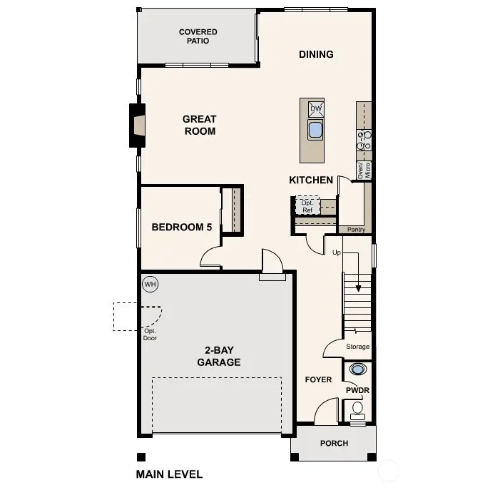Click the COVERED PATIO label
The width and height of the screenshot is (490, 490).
(x=198, y=36)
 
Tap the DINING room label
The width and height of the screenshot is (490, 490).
(x=316, y=54)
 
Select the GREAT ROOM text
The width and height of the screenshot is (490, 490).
(x=199, y=126)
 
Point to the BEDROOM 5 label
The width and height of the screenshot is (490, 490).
(x=182, y=228)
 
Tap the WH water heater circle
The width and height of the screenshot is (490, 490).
(x=150, y=285)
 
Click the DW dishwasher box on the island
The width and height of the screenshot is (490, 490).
(x=315, y=109)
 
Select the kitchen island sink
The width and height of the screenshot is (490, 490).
(x=315, y=130)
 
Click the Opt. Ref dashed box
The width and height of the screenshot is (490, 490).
(x=307, y=206)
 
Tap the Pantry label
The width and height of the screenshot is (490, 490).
(x=356, y=230)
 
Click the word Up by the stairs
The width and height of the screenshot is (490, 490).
(x=337, y=252)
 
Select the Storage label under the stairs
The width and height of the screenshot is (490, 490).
(x=357, y=347)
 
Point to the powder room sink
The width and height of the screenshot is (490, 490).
(x=357, y=369)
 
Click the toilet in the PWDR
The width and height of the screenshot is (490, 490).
(x=357, y=409)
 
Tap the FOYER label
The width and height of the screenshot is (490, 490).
(x=318, y=379)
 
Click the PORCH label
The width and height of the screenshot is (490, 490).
(x=334, y=444)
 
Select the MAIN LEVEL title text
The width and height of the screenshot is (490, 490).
(x=169, y=474)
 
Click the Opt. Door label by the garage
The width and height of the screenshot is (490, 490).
(x=149, y=335)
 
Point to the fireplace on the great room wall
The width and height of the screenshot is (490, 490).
(x=136, y=126)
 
